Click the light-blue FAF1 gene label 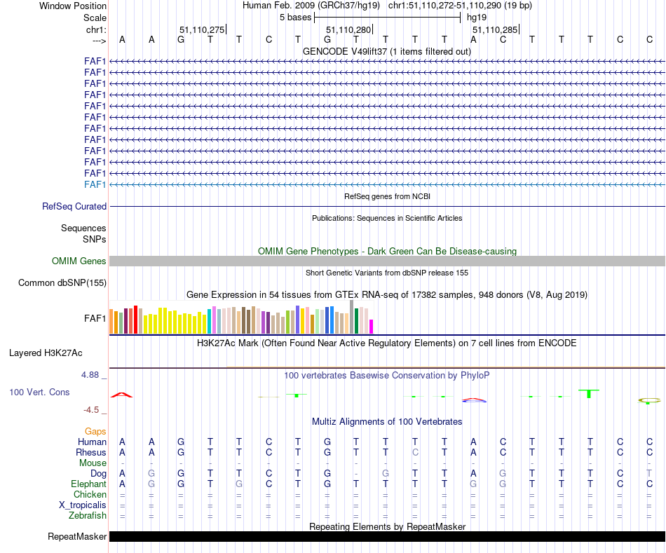click(x=95, y=184)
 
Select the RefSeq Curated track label click(x=74, y=207)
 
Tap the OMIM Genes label click(x=79, y=261)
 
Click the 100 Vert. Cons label click(x=39, y=392)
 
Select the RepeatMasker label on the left click(x=77, y=537)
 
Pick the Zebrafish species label click(x=88, y=516)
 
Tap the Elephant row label click(x=88, y=484)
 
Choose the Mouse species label click(x=93, y=463)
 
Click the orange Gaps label click(x=95, y=432)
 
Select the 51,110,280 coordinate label click(x=348, y=30)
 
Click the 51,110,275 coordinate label click(x=202, y=30)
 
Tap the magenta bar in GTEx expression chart click(x=372, y=327)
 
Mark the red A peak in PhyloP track click(x=122, y=395)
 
